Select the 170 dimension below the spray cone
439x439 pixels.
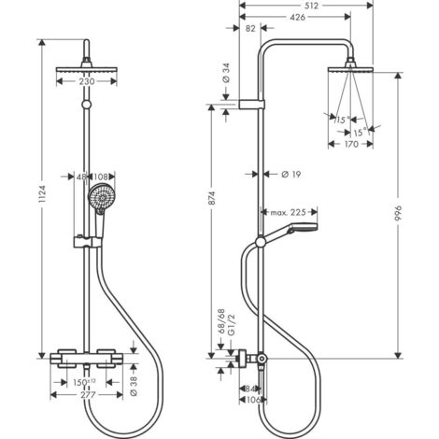coord(353,146)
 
